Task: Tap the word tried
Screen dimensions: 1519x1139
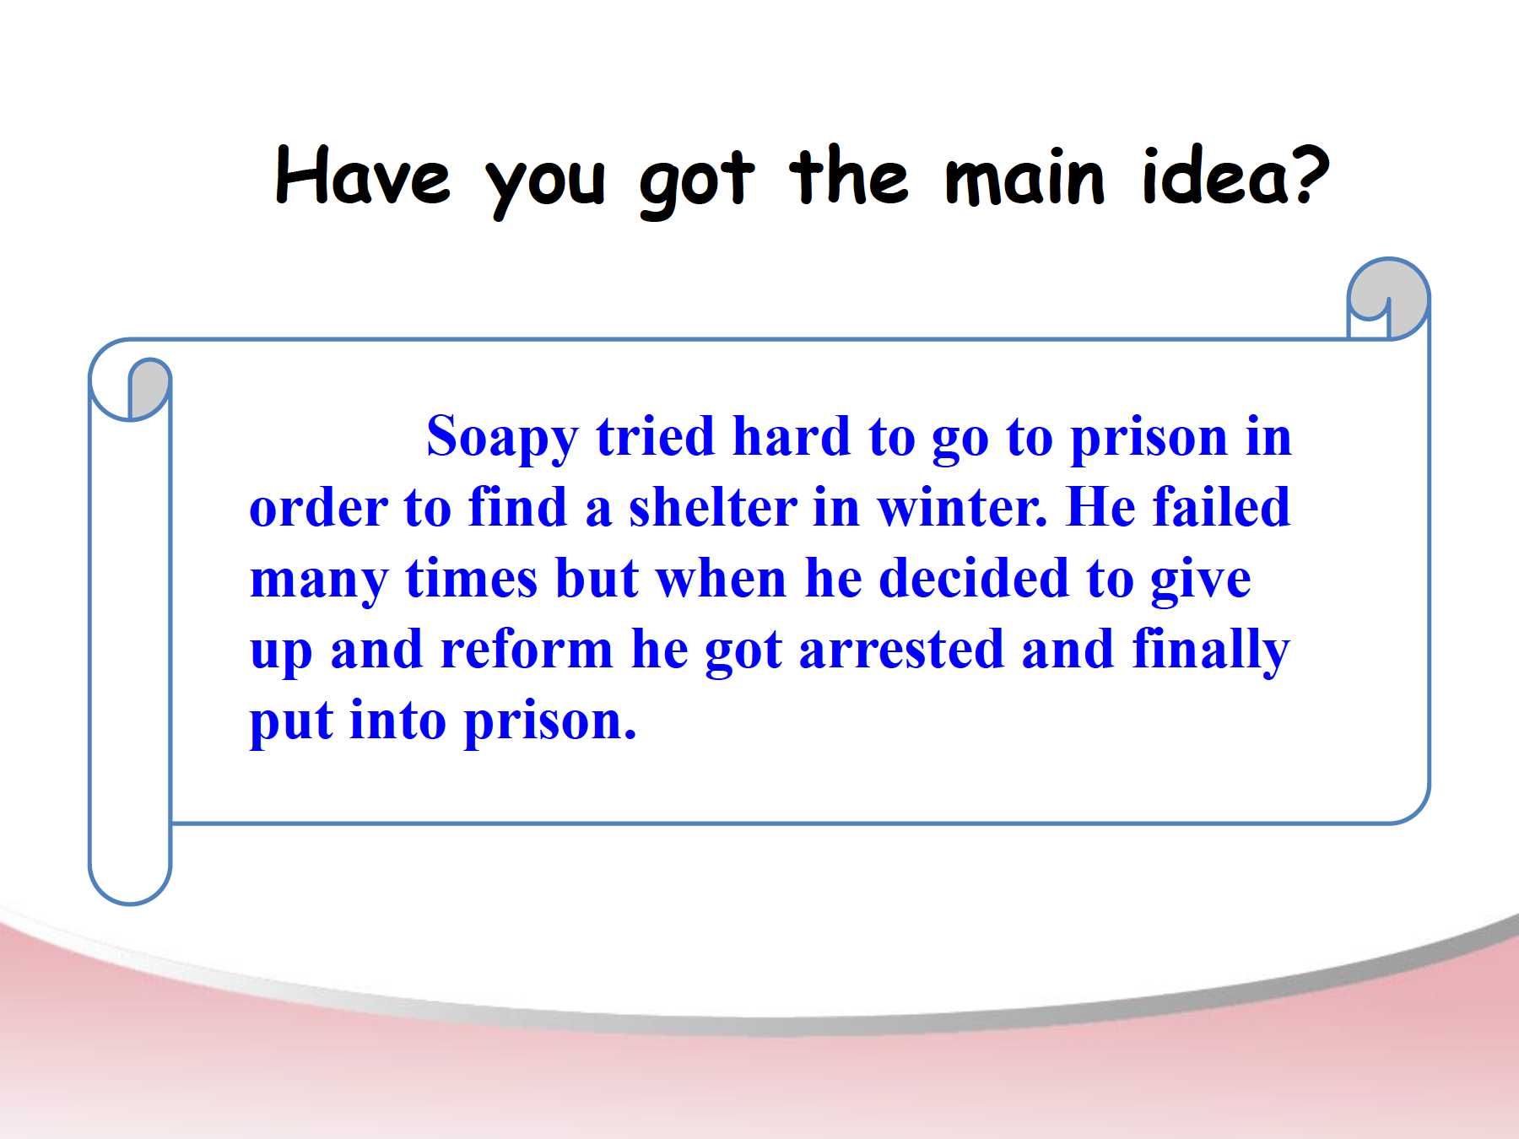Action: (655, 436)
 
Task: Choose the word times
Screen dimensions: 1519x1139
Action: (471, 579)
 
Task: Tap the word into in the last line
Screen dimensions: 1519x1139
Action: (397, 721)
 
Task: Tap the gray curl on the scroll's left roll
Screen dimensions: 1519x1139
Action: (149, 387)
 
